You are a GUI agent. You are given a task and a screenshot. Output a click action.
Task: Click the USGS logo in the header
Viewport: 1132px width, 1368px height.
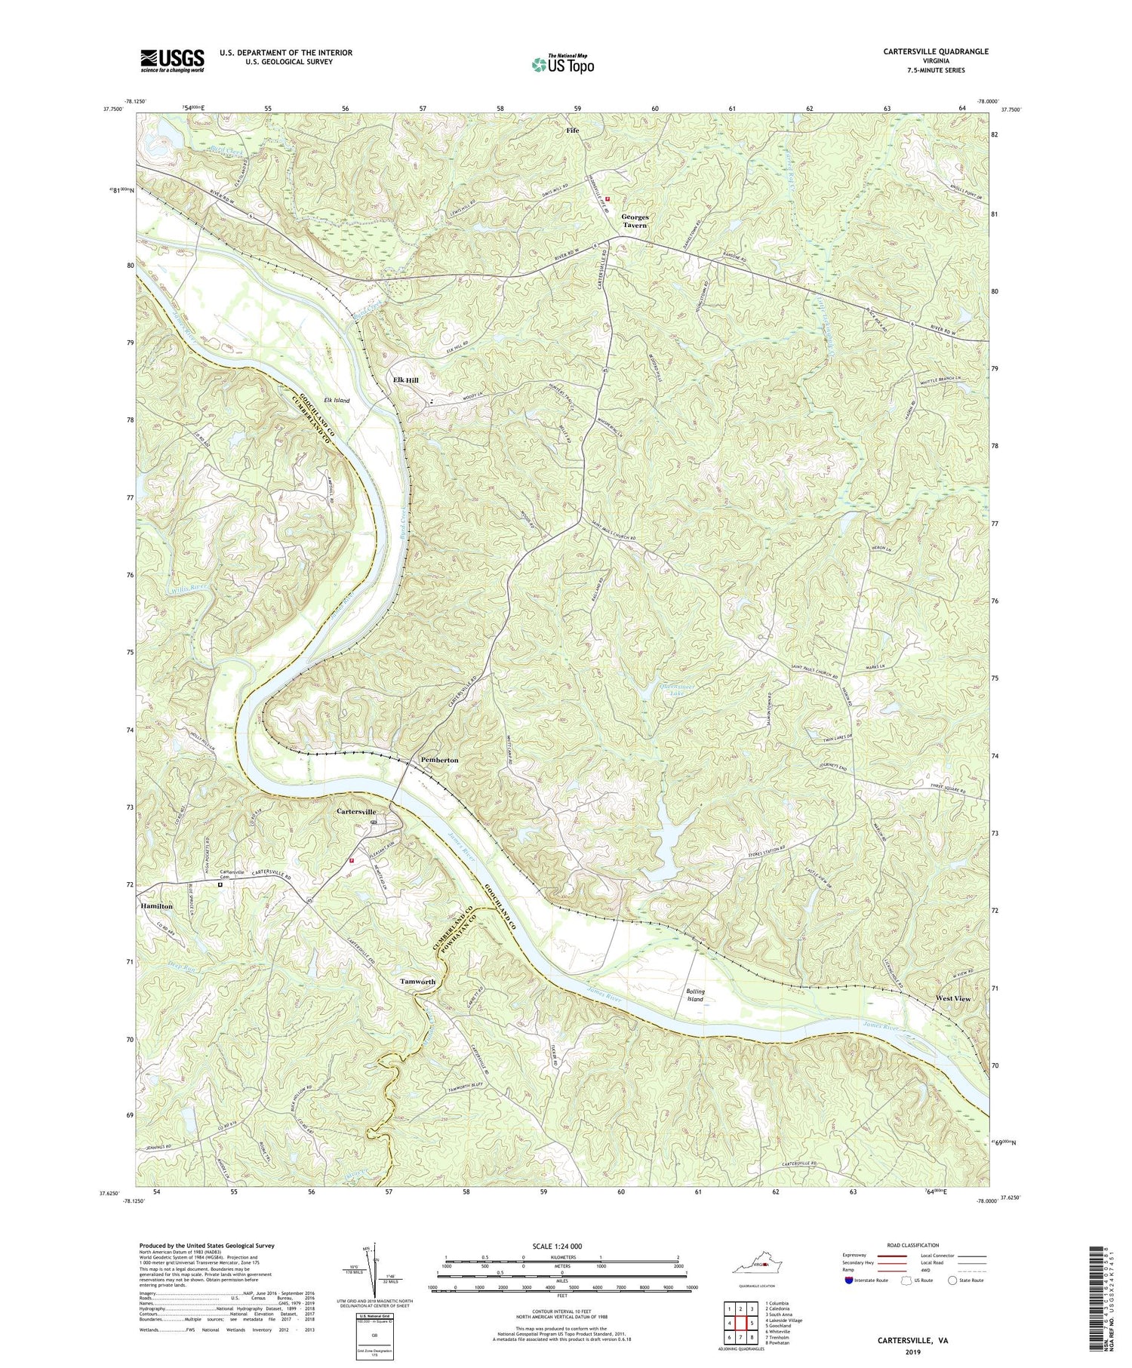pos(171,60)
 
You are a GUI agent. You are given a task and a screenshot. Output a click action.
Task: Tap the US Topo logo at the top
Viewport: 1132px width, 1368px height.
pos(561,65)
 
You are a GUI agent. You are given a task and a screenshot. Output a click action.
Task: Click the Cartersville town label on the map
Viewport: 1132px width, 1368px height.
pos(356,811)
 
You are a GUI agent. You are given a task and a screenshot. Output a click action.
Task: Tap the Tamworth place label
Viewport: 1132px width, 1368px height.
pos(417,982)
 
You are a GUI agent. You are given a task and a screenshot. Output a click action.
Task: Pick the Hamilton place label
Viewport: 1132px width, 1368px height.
pos(156,905)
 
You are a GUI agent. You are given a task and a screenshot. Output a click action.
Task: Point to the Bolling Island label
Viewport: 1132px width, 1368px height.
pos(695,994)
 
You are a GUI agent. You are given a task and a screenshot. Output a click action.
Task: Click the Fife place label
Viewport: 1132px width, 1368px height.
pos(574,131)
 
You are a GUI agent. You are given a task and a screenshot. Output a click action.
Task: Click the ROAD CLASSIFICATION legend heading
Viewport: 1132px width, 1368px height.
pos(913,1245)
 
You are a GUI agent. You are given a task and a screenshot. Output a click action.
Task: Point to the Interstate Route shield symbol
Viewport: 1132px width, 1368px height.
pos(849,1280)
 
